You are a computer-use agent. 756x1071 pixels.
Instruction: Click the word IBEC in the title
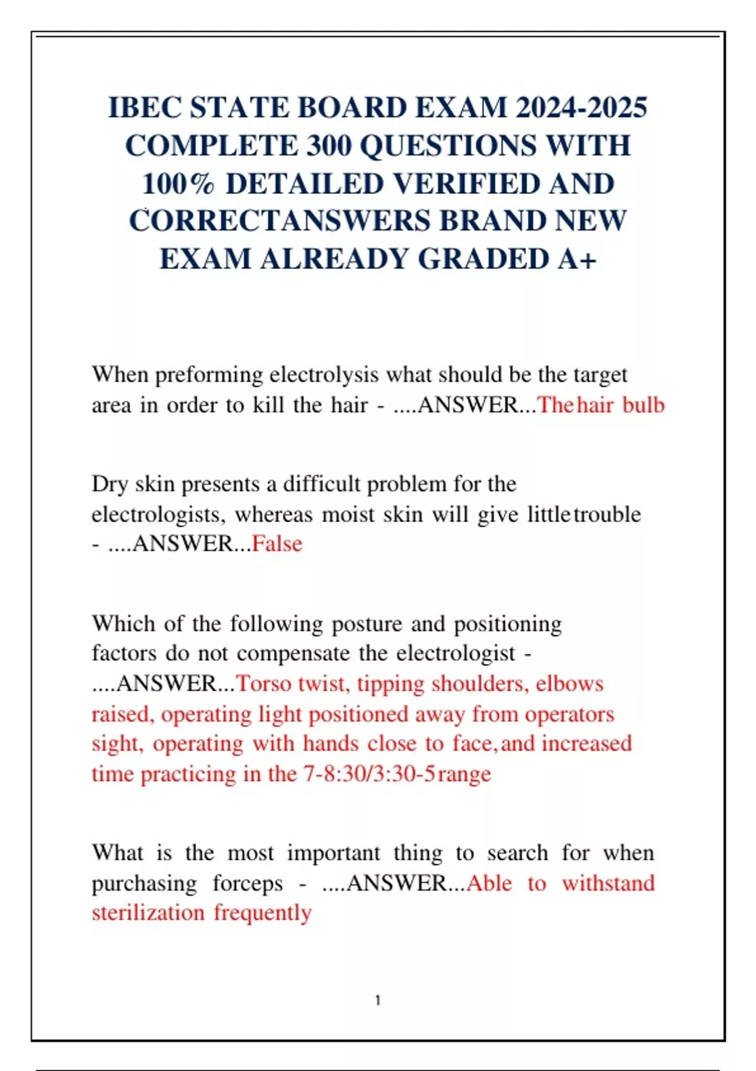pos(144,108)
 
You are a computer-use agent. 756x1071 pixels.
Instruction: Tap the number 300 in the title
pos(328,146)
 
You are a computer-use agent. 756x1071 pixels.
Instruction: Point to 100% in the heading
pos(178,184)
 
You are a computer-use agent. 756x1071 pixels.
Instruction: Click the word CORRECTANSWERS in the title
pos(280,221)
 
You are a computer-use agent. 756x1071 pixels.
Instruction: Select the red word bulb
pos(643,404)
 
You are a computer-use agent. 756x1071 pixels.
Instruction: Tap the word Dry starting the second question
pos(110,484)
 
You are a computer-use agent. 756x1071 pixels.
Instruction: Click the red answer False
pos(277,543)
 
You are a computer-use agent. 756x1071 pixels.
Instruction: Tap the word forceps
pos(248,883)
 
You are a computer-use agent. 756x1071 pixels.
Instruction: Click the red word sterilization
pos(148,912)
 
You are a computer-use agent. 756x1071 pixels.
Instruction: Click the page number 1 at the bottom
pos(377,1000)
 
